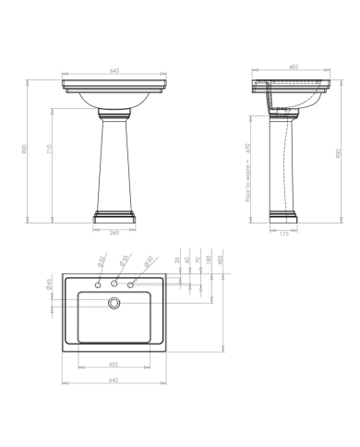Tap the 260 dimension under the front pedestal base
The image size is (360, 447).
click(114, 232)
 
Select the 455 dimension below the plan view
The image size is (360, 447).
click(114, 365)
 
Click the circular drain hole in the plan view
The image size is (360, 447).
click(114, 301)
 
